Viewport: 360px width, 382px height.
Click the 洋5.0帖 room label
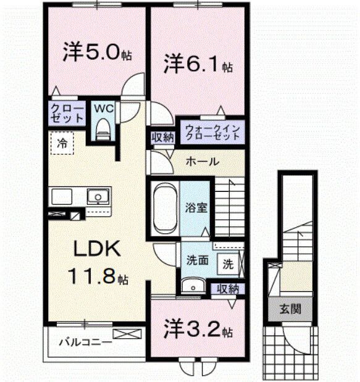pos(96,52)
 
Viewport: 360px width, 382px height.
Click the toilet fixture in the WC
pos(103,129)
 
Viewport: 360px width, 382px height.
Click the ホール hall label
pos(202,162)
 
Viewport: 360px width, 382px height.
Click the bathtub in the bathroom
pos(164,208)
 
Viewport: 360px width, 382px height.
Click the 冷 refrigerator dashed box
pos(63,143)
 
